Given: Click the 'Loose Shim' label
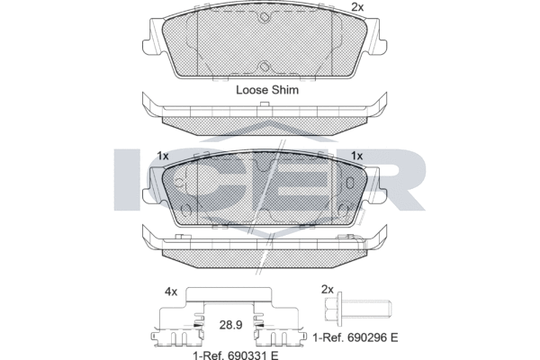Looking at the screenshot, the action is click(267, 90).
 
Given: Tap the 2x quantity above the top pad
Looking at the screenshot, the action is click(357, 7).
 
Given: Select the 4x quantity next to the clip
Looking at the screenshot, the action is click(171, 292).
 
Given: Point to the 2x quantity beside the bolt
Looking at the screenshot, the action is click(328, 290).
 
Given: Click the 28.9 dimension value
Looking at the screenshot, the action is click(230, 325).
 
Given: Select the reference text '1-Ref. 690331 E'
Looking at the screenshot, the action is click(236, 355).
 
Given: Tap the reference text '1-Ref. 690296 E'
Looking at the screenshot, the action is click(355, 337).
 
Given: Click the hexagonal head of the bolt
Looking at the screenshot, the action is click(331, 309).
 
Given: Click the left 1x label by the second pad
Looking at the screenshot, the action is click(163, 156).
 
